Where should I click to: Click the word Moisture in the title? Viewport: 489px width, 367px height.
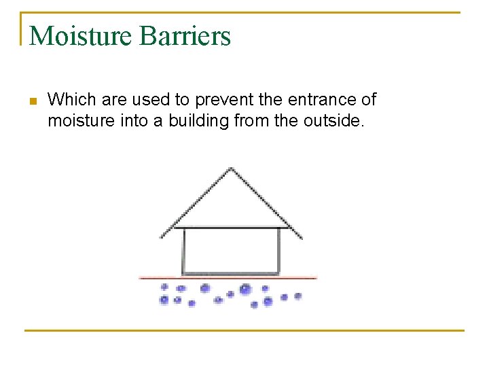pos(80,35)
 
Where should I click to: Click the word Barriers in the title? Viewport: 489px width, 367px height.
pos(185,35)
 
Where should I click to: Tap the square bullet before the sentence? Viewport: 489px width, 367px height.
pos(32,102)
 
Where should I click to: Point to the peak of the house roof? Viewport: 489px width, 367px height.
pos(232,168)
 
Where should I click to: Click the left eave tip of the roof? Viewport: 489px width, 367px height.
pos(162,237)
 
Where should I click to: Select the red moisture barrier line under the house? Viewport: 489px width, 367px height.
pos(228,278)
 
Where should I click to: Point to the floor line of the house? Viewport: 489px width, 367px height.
pos(231,273)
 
